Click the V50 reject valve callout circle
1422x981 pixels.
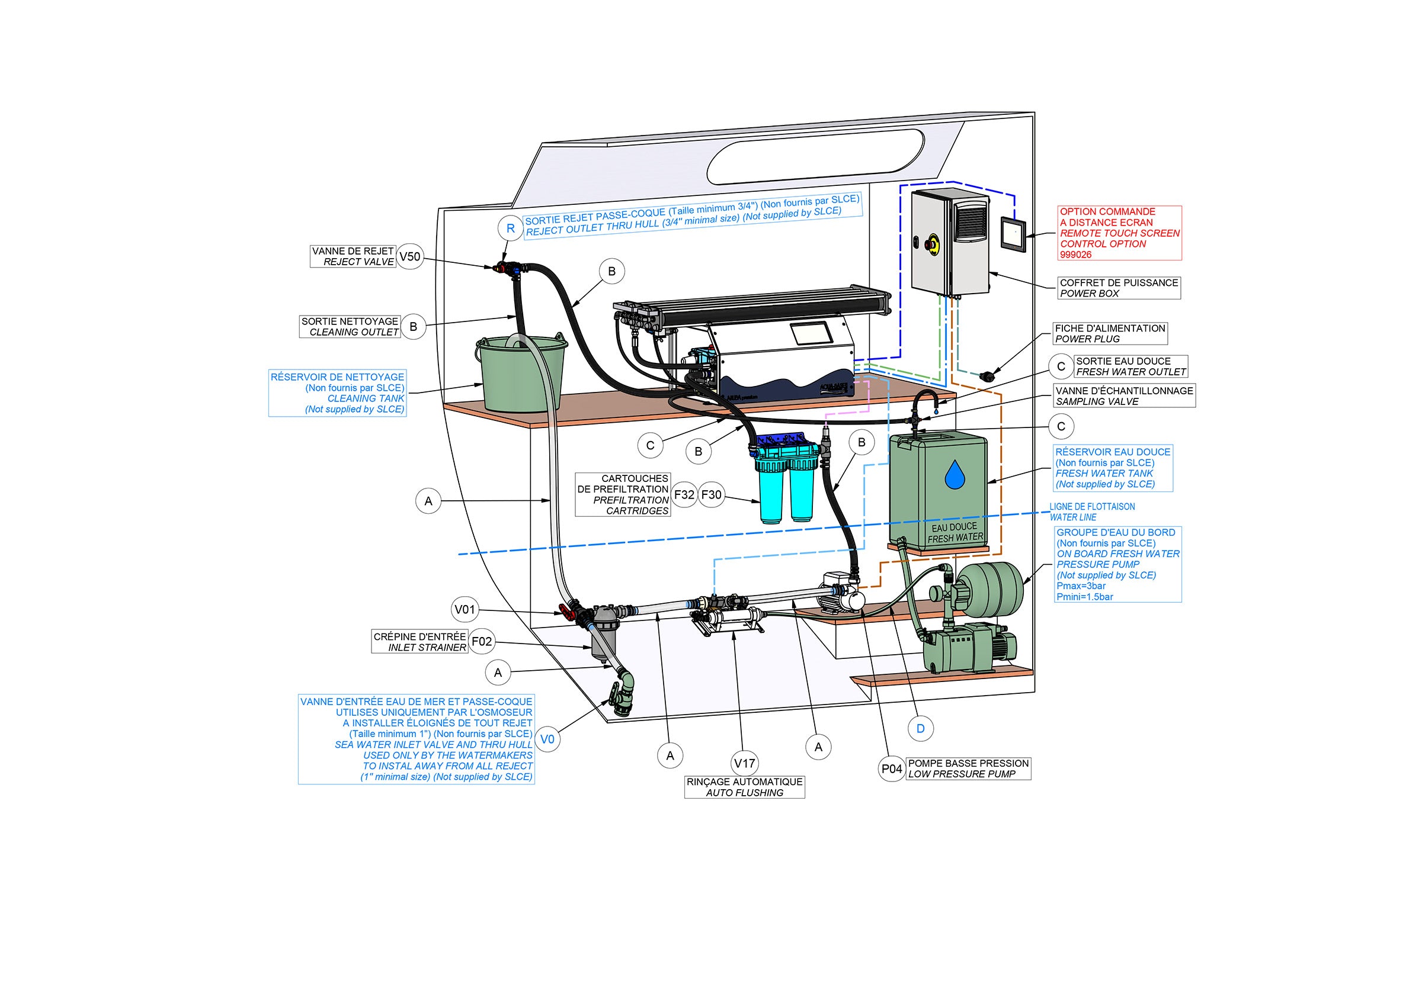coord(409,256)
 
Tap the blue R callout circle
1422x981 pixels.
coord(510,229)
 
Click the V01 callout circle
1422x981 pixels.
coord(465,610)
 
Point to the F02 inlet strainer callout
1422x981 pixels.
coord(482,642)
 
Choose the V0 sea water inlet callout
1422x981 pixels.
coord(547,739)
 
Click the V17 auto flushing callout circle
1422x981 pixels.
coord(744,763)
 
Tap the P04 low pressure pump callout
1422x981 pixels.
coord(892,768)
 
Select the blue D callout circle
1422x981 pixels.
coord(920,728)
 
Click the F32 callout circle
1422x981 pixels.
coord(684,494)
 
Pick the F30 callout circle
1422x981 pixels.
coord(711,494)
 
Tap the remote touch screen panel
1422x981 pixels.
coord(1013,234)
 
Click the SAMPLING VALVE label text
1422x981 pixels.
coord(1097,401)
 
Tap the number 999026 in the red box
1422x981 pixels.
coord(1075,255)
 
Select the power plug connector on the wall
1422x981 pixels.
coord(987,374)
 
